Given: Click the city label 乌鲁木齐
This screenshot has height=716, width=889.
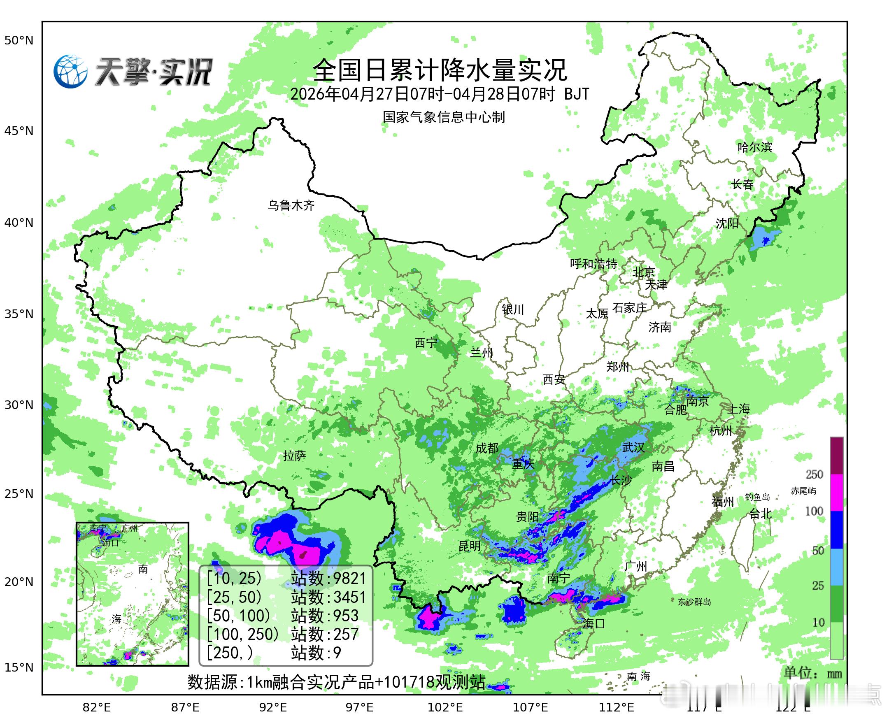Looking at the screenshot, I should coord(291,205).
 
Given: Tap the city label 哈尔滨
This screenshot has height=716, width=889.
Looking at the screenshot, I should coord(754,147).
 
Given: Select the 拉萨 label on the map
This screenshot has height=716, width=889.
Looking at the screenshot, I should coord(295,456).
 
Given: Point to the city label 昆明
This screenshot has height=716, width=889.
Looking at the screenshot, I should coord(470,546).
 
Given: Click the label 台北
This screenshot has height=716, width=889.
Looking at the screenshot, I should coord(760,514).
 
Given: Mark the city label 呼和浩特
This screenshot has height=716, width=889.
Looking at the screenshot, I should coord(593,263).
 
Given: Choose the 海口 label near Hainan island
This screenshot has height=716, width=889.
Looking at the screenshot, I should coord(593,623).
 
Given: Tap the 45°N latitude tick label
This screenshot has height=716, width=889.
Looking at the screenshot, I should coord(19,131).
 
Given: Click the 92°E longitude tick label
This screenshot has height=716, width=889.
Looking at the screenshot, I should coord(273,707).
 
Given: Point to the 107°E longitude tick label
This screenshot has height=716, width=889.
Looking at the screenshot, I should coord(530,707).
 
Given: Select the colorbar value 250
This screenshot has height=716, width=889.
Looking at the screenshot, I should coord(815,474).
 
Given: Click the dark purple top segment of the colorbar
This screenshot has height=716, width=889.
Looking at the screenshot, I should coord(837,456).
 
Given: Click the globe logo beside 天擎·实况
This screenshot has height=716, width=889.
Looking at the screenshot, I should coord(70,71).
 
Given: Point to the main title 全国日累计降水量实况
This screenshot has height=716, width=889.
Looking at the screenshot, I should coord(440,70).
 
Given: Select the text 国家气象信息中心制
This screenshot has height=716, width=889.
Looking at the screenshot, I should coord(443,117).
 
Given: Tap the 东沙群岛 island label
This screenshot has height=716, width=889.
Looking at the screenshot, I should coord(694,602).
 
